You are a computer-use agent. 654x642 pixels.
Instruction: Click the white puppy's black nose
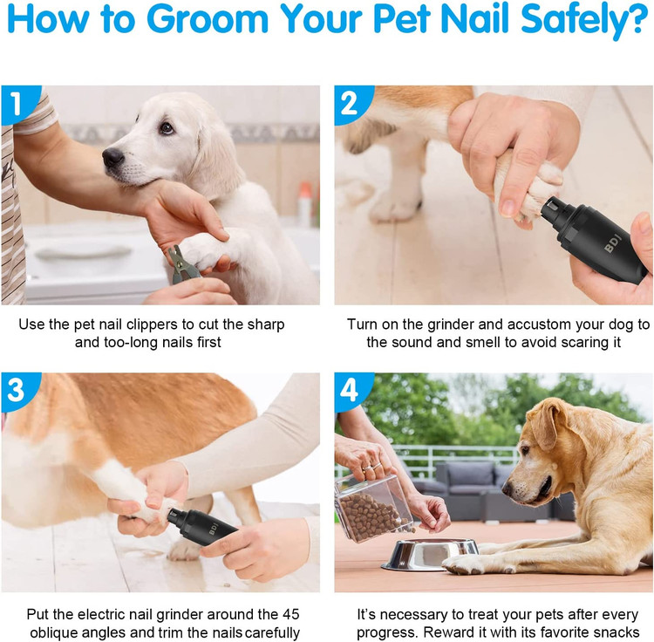coord(112,158)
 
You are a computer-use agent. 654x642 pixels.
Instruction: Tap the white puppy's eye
coord(166,127)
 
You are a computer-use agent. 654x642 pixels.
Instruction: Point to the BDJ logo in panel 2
coord(613,243)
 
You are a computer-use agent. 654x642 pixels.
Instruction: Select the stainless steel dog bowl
coord(430,555)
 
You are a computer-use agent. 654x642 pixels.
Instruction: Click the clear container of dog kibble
coord(374,508)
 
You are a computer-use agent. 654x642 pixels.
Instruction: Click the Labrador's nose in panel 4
coord(509,486)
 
